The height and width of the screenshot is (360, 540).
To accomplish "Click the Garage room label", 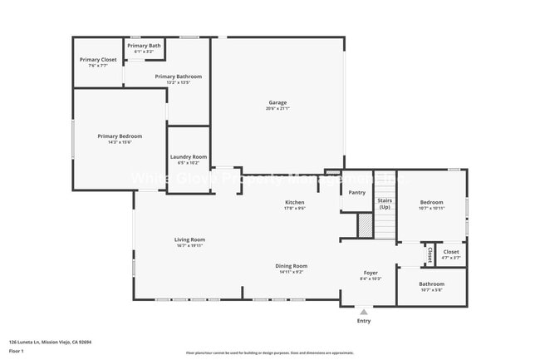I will pos(277,103).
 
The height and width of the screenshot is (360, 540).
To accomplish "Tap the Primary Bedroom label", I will pos(120,136).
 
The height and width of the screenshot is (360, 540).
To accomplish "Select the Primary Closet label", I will pos(98,60).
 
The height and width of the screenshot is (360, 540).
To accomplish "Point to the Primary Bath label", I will pos(144,45).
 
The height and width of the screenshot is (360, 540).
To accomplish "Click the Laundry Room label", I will pos(188,156).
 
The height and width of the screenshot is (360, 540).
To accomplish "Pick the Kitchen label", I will pos(295,202).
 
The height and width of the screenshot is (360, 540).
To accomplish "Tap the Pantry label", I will pos(356,192).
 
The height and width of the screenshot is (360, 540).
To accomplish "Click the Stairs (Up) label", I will pos(385,203).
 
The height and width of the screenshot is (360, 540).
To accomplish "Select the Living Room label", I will pos(189,240).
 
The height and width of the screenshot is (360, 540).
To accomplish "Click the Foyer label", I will pos(371,273).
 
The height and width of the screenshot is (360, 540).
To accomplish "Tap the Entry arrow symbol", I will pos(363,312).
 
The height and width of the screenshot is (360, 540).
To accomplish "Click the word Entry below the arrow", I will pos(364,321).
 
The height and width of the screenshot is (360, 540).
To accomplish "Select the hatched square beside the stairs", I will pos(365,224).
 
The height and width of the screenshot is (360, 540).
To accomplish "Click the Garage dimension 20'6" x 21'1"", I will pos(277,109).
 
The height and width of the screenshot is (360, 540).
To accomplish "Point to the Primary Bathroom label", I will pos(178,76).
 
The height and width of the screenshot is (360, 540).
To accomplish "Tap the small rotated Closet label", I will pos(430,254).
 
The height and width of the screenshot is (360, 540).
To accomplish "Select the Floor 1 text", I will pos(16,352).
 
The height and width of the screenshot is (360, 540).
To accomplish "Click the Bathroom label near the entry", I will pos(431,284).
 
